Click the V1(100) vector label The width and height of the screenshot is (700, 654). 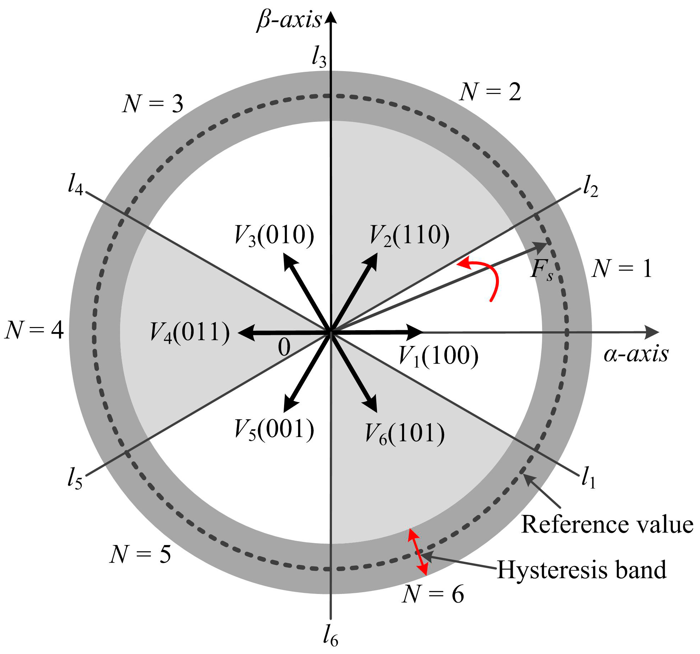(438, 357)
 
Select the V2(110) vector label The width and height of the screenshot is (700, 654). (409, 236)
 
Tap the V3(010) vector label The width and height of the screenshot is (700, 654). (274, 236)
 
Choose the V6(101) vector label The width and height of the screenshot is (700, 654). (405, 434)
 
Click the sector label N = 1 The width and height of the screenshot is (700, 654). (622, 269)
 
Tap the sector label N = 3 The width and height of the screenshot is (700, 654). (153, 104)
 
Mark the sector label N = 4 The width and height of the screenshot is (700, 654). (34, 330)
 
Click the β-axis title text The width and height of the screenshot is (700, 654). (289, 21)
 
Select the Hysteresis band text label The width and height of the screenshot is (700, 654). (582, 570)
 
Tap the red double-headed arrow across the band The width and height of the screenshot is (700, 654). (418, 552)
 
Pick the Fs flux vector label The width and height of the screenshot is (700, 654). (542, 271)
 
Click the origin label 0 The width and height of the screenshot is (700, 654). (284, 347)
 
